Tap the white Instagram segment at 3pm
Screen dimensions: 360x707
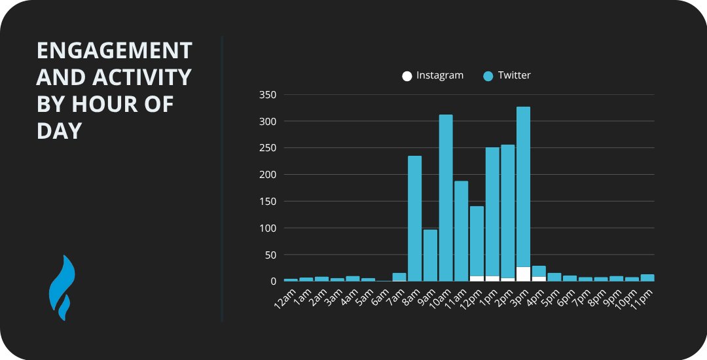523,274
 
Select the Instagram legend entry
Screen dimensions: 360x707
433,75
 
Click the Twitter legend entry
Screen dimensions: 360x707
507,75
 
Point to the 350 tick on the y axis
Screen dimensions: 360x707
268,95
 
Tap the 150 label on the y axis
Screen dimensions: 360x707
268,202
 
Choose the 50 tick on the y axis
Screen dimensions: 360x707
270,255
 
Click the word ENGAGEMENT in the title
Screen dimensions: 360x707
114,50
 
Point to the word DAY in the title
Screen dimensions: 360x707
59,131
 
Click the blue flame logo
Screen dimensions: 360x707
62,288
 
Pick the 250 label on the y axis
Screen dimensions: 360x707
268,148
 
